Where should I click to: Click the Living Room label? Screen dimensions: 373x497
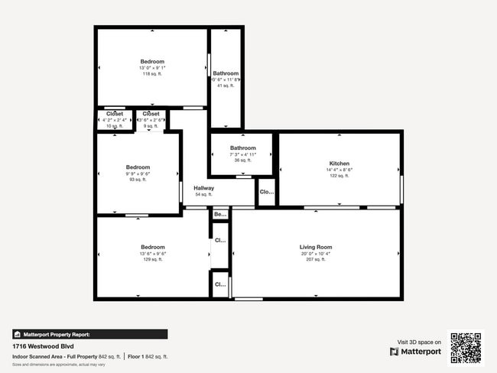coord(315,247)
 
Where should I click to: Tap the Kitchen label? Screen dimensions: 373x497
coord(339,164)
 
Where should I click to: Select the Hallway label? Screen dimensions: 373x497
coord(203,188)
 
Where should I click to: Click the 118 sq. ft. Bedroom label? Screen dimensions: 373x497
coord(152,61)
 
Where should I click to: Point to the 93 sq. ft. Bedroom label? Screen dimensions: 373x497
coord(138,167)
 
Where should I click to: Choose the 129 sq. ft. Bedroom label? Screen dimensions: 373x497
coord(152,247)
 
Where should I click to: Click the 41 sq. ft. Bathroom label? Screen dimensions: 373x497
coord(226,73)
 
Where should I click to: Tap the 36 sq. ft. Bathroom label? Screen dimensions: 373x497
coord(243,148)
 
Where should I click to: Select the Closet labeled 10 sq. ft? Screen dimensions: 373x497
coord(114,114)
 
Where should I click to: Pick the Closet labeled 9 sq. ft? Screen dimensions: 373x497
coord(151,114)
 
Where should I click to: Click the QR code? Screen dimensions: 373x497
coord(466,346)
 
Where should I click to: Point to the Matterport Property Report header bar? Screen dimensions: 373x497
coord(89,334)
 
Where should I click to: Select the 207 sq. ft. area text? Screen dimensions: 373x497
coord(315,260)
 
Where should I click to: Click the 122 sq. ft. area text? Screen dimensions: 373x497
coord(339,176)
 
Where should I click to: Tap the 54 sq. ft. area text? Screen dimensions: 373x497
coord(203,195)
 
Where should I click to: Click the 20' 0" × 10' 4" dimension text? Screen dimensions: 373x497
coord(315,254)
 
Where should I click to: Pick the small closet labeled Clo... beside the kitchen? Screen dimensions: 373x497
coord(266,192)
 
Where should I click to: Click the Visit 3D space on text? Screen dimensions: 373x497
coord(419,342)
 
